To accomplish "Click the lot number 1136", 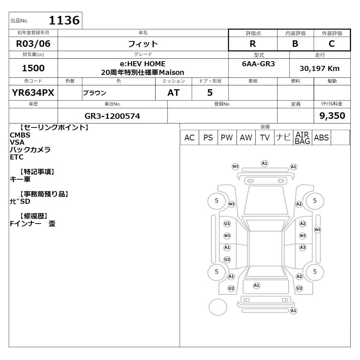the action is pos(64,20).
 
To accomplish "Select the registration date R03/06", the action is pos(33,44).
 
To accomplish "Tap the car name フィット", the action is pos(143,44).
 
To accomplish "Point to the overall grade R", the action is pos(253,44).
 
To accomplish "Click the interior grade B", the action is pos(295,44).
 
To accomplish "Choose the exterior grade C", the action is pos(332,44).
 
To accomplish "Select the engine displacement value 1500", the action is pos(33,68).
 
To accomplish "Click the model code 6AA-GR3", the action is pos(258,64).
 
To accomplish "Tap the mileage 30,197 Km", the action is pos(320,68).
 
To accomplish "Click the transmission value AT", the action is pos(174,93).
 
